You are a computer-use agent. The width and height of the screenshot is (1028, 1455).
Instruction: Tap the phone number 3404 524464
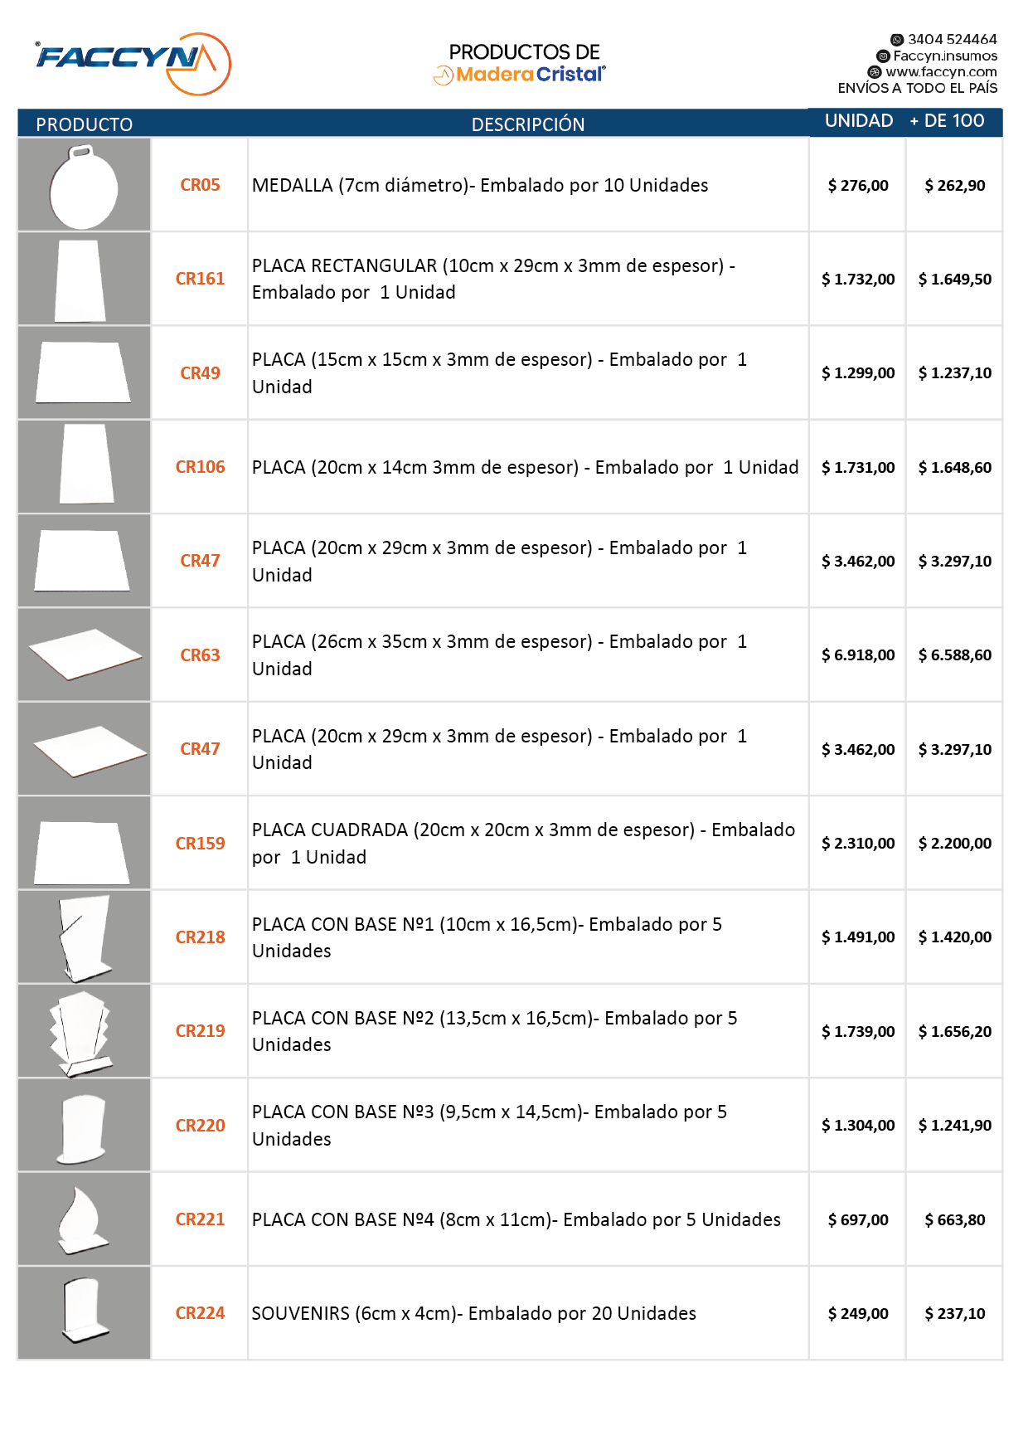click(x=952, y=39)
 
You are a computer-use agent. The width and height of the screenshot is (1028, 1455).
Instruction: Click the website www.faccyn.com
click(x=941, y=72)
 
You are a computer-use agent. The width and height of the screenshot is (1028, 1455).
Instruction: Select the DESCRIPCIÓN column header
click(x=528, y=124)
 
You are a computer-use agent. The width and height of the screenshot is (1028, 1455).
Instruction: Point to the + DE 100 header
click(x=947, y=121)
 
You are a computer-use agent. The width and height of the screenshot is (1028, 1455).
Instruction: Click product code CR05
click(x=200, y=185)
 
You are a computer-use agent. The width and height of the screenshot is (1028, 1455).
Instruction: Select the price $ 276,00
click(x=858, y=186)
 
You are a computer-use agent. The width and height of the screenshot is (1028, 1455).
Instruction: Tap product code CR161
click(x=200, y=279)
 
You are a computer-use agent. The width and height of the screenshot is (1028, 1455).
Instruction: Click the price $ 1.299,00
click(x=858, y=373)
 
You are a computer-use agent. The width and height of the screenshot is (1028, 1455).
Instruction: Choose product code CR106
click(x=200, y=467)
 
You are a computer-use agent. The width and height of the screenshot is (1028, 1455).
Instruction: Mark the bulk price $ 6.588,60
click(x=955, y=655)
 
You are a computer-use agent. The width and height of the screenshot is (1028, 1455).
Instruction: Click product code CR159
click(x=200, y=844)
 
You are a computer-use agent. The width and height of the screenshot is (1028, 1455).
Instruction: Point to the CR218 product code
click(x=200, y=937)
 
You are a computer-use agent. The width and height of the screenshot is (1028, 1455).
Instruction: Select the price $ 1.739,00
click(x=858, y=1032)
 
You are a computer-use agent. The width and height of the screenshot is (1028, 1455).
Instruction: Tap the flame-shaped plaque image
click(x=84, y=1219)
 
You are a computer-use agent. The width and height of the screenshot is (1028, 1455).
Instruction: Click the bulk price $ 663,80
click(x=955, y=1220)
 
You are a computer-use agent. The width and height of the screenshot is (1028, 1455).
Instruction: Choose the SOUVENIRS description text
click(x=473, y=1314)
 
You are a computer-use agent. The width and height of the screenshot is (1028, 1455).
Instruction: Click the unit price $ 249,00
click(x=858, y=1314)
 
